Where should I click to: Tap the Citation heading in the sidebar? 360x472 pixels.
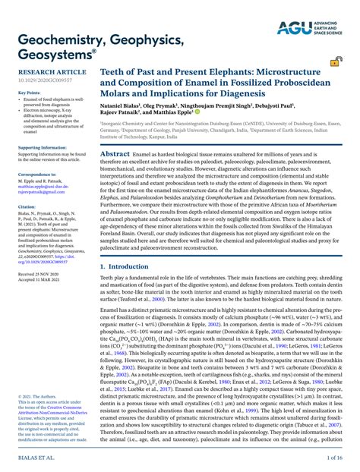pyautogui.click(x=25, y=206)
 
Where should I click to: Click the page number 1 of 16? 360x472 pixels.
pyautogui.click(x=338, y=459)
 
